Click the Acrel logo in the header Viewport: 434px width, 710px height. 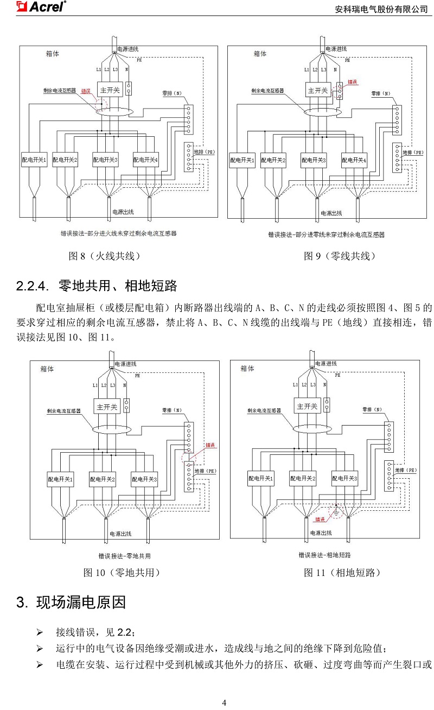(x=41, y=7)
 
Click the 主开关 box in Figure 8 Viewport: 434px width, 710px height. (x=110, y=90)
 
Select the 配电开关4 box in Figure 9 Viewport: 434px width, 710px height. (x=354, y=160)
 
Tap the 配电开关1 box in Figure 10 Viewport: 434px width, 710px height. (x=60, y=479)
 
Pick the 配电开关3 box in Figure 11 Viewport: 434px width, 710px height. (x=344, y=478)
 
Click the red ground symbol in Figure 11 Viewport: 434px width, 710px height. (x=336, y=511)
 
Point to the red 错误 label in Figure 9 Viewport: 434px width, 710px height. (x=352, y=82)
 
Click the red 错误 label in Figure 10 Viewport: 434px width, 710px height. (x=210, y=445)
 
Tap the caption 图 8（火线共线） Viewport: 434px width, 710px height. (x=105, y=256)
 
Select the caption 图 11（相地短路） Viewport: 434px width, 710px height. (x=342, y=573)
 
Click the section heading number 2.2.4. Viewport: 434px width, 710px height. (x=33, y=286)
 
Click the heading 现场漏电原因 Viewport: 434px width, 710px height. (x=81, y=602)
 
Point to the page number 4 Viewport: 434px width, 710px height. (x=224, y=702)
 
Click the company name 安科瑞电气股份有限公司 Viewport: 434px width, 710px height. (x=381, y=9)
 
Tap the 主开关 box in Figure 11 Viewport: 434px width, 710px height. (x=307, y=406)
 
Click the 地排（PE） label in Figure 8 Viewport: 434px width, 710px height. (x=205, y=152)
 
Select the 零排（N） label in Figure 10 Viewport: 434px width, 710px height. (x=172, y=410)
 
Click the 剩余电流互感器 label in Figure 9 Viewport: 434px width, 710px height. (x=267, y=91)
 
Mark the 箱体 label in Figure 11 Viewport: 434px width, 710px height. (x=247, y=369)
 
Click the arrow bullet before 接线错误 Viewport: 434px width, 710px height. (x=40, y=633)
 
